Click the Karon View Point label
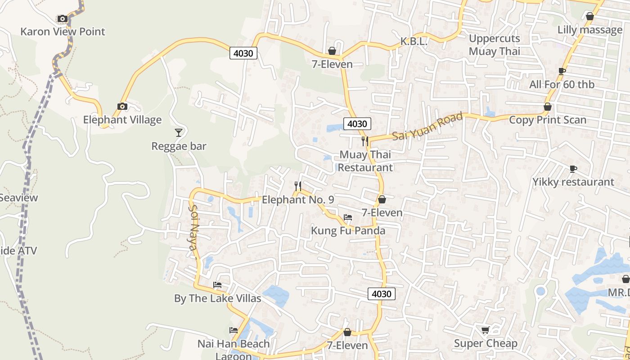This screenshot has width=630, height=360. pyautogui.click(x=63, y=31)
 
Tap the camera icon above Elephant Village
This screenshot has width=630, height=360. pyautogui.click(x=122, y=107)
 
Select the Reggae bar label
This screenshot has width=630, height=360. pyautogui.click(x=179, y=146)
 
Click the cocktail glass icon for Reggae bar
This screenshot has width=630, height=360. pyautogui.click(x=179, y=132)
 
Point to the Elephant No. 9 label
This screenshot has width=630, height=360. pyautogui.click(x=298, y=199)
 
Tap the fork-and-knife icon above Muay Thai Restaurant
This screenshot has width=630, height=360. pyautogui.click(x=365, y=141)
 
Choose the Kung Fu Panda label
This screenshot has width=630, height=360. pyautogui.click(x=348, y=231)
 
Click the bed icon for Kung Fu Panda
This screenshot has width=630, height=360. pyautogui.click(x=348, y=217)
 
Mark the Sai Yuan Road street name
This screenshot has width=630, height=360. pyautogui.click(x=427, y=126)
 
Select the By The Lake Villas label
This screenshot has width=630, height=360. pyautogui.click(x=217, y=298)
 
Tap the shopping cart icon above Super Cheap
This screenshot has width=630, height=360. pyautogui.click(x=485, y=330)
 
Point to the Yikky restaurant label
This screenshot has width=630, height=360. pyautogui.click(x=573, y=182)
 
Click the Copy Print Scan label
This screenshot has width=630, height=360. pyautogui.click(x=547, y=120)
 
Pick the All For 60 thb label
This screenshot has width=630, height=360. pyautogui.click(x=562, y=85)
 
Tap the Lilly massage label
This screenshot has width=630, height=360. pyautogui.click(x=589, y=30)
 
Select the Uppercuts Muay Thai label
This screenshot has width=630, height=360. pyautogui.click(x=494, y=45)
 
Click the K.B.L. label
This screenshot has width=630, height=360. pyautogui.click(x=414, y=42)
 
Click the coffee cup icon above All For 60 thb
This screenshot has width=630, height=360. pyautogui.click(x=562, y=71)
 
